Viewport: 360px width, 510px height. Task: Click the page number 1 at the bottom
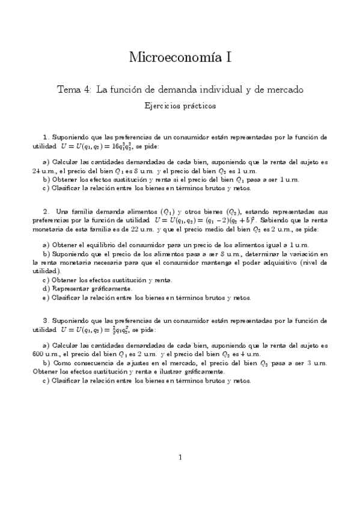click(x=180, y=458)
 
